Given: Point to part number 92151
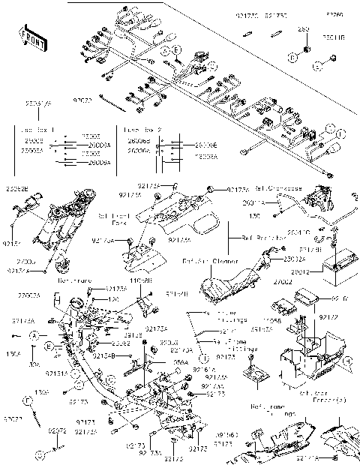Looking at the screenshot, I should pyautogui.click(x=13, y=243).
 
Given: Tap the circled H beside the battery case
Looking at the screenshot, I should pyautogui.click(x=347, y=361).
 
